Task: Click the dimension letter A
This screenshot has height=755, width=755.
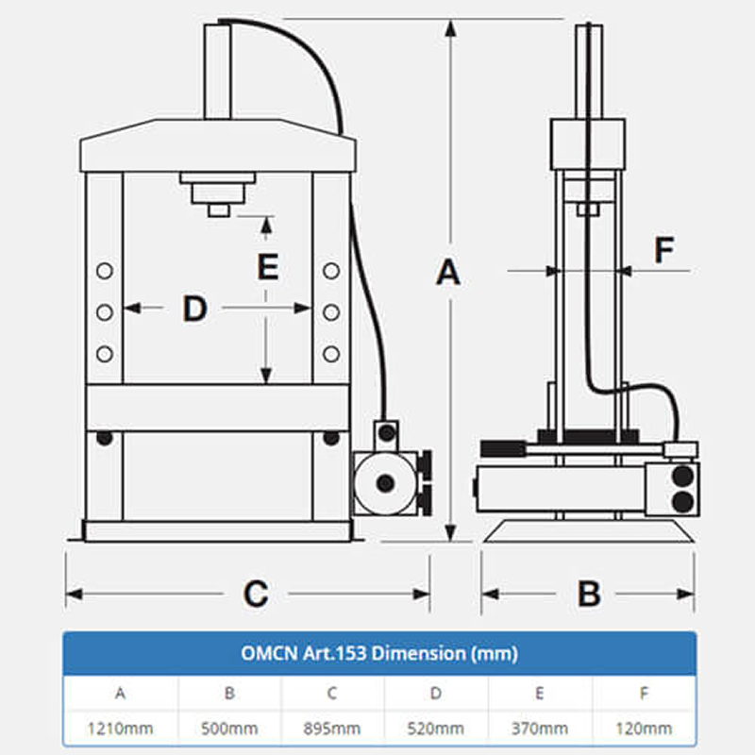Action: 448,273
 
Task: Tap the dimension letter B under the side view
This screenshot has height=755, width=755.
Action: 589,594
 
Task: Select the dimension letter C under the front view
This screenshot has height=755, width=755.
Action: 256,594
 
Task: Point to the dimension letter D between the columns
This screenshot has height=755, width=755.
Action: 194,308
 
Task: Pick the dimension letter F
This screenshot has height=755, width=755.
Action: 664,250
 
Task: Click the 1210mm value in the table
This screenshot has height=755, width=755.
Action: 121,729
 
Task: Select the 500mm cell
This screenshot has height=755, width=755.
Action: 229,729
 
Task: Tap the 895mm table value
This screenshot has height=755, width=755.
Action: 332,729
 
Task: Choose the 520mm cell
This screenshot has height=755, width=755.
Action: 436,729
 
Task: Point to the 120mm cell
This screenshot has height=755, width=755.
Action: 644,729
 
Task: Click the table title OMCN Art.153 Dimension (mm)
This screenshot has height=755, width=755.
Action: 379,653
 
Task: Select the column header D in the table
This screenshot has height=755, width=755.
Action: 436,693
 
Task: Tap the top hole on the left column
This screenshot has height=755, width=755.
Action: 105,271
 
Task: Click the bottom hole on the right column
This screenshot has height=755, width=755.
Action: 330,353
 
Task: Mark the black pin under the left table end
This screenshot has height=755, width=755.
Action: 105,438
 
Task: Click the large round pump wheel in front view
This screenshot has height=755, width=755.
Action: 383,482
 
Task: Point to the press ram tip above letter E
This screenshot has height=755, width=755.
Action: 219,210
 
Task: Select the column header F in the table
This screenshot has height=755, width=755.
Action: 644,693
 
